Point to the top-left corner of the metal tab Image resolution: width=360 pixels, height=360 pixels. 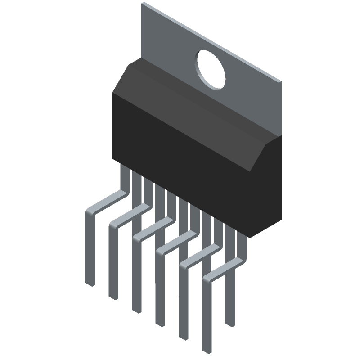(x=144, y=4)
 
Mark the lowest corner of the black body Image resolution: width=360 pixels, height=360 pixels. (x=250, y=237)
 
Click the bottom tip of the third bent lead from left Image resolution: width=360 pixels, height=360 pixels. (x=137, y=310)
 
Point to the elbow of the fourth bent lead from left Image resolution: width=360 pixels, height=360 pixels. (x=161, y=250)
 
